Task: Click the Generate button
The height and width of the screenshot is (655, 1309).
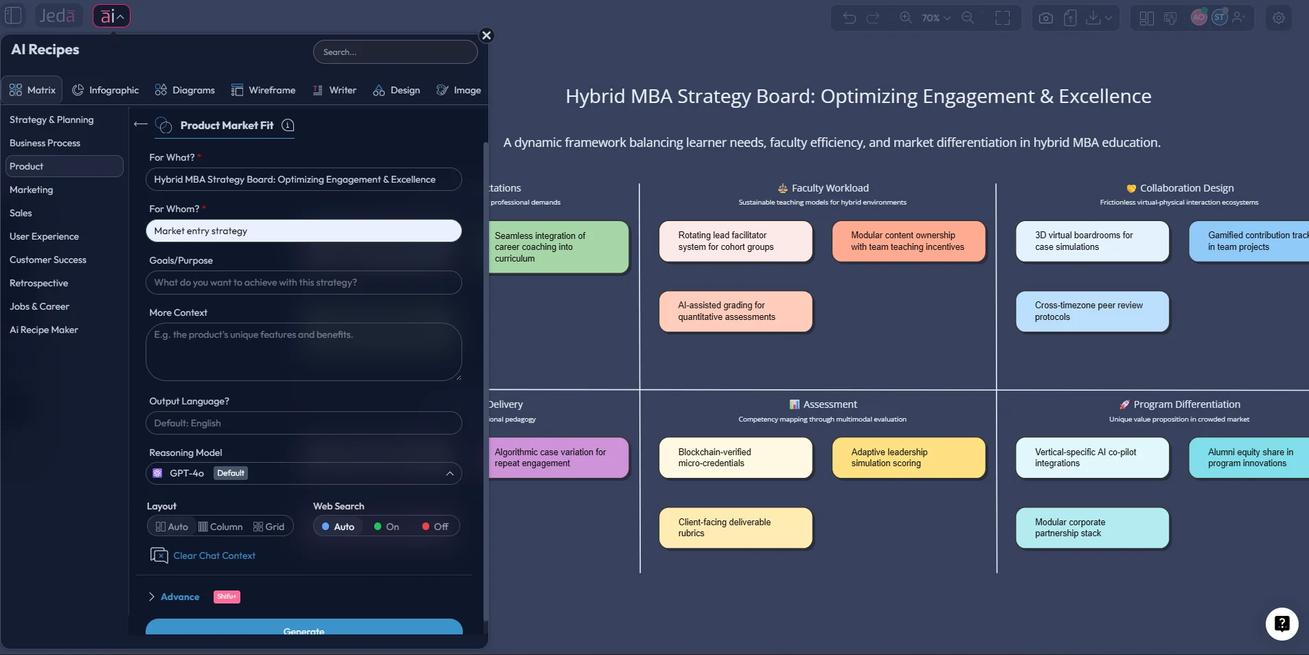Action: [304, 628]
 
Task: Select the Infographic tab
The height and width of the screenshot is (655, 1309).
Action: [106, 90]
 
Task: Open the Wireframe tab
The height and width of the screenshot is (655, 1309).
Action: [264, 90]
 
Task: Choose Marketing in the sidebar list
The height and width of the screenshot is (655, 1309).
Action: [32, 189]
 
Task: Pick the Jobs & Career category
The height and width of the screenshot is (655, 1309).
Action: [39, 306]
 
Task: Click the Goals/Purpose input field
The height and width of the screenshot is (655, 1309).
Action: [304, 282]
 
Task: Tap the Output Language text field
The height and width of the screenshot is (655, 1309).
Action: [304, 423]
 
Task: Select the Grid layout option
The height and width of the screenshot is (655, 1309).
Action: [269, 527]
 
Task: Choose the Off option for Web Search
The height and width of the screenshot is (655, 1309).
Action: [435, 527]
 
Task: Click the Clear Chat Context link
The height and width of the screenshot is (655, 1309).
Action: [214, 555]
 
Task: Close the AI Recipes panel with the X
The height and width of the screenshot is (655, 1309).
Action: [486, 36]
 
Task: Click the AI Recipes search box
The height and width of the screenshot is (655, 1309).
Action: [395, 52]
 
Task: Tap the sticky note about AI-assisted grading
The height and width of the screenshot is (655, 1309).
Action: [736, 312]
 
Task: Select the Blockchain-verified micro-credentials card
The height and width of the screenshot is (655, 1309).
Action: [736, 458]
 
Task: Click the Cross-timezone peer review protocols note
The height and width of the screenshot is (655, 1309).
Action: [1092, 312]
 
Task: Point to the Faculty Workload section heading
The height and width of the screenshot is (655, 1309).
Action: [830, 188]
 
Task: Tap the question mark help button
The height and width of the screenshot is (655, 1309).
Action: [1282, 624]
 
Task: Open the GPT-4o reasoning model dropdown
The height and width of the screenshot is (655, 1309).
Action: [304, 473]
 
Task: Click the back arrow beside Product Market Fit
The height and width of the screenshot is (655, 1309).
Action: [141, 124]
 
